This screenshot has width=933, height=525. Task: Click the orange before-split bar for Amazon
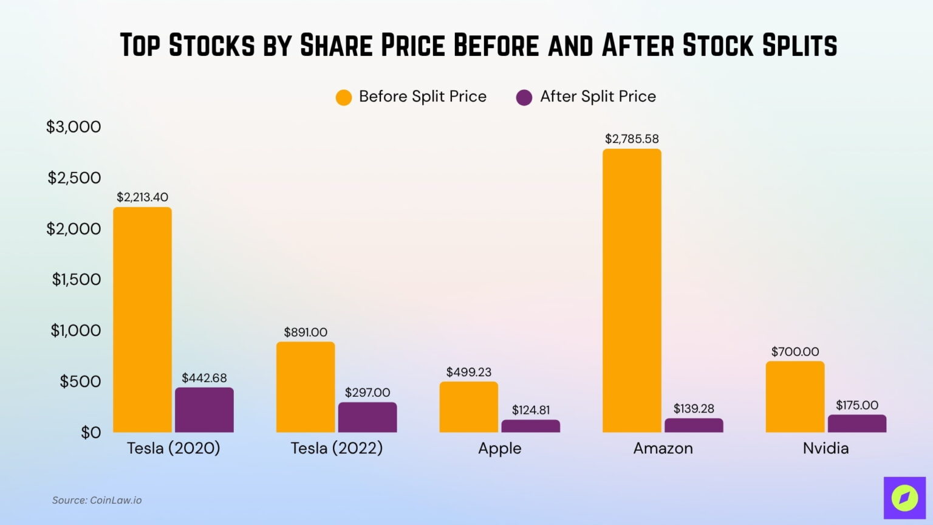(x=632, y=290)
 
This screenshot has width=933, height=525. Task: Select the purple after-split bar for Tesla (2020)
(x=204, y=410)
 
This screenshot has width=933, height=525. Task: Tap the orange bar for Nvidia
(x=795, y=397)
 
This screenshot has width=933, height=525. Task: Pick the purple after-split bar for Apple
(x=530, y=426)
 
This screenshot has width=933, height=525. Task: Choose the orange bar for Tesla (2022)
(x=306, y=387)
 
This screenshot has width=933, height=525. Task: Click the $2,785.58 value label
(x=632, y=139)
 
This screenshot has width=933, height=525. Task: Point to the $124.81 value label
(x=530, y=410)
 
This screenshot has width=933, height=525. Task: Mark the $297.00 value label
(x=367, y=393)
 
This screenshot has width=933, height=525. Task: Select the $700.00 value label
(x=795, y=351)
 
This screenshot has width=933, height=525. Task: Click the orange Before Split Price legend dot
(x=344, y=97)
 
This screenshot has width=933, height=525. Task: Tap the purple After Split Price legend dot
(x=524, y=97)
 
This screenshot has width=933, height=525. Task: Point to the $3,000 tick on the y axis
(x=73, y=126)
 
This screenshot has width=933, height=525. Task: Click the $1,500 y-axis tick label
(x=76, y=279)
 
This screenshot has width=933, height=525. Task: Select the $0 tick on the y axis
(x=91, y=432)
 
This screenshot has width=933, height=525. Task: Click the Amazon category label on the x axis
(x=663, y=448)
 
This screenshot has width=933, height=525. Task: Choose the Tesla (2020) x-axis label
(x=173, y=448)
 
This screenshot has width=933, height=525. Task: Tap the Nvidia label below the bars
(x=825, y=448)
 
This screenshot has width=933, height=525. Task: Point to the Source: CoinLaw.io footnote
(x=97, y=500)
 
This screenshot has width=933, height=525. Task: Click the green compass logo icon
(x=904, y=498)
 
